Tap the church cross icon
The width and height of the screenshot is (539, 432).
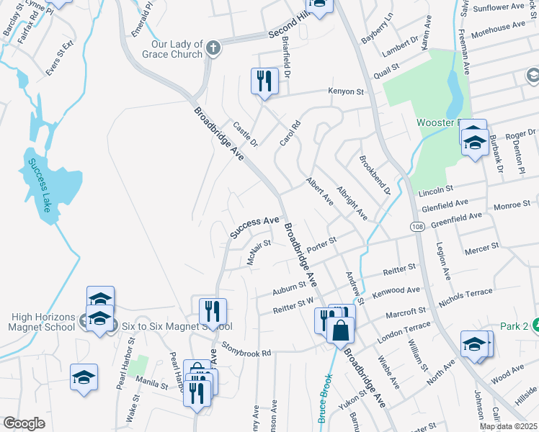pos(213,49)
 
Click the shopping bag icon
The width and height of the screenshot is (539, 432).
pos(341,331)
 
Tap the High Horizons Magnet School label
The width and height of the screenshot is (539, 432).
pos(43,322)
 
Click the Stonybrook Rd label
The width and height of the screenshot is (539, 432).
pos(246,351)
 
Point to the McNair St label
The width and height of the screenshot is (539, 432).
pos(258,253)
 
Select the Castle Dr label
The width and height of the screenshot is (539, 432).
pos(245,134)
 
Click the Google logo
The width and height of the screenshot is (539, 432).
pos(24,423)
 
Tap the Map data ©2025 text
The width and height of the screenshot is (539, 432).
pos(508,426)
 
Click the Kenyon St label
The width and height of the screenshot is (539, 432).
pos(346,91)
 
